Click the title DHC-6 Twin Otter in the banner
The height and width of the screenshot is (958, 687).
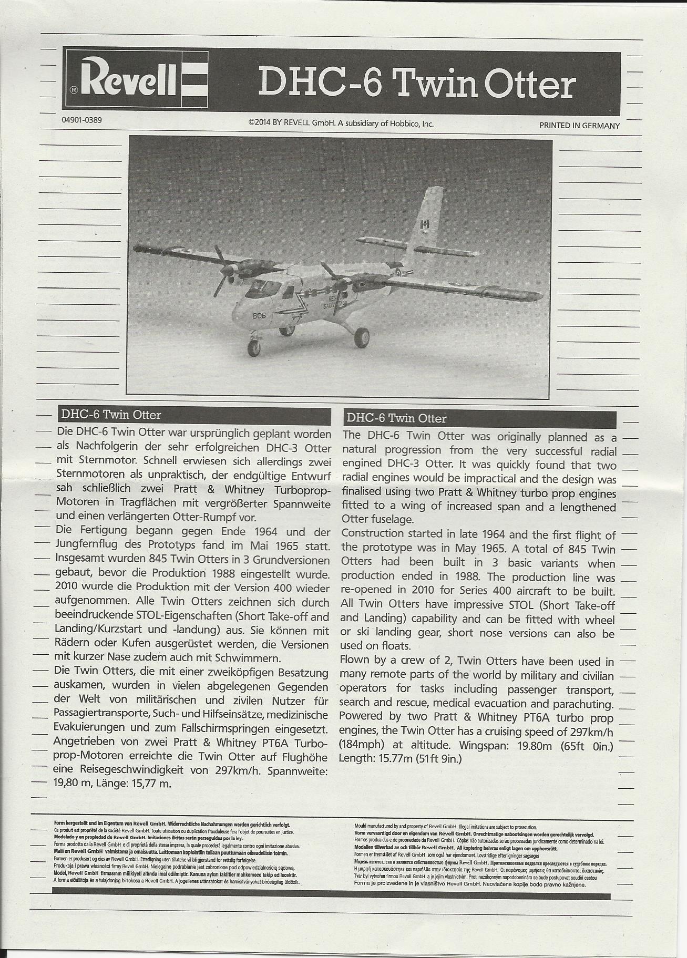417,84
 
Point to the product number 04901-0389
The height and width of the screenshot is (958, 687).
81,120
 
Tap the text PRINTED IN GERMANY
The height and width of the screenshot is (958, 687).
579,126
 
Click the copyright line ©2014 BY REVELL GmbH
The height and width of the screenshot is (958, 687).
341,123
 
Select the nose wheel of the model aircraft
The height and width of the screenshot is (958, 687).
253,348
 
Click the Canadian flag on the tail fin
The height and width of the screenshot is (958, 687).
425,223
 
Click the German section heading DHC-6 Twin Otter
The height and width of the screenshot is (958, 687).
111,415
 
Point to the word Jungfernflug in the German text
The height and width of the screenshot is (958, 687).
86,545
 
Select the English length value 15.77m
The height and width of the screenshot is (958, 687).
390,758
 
